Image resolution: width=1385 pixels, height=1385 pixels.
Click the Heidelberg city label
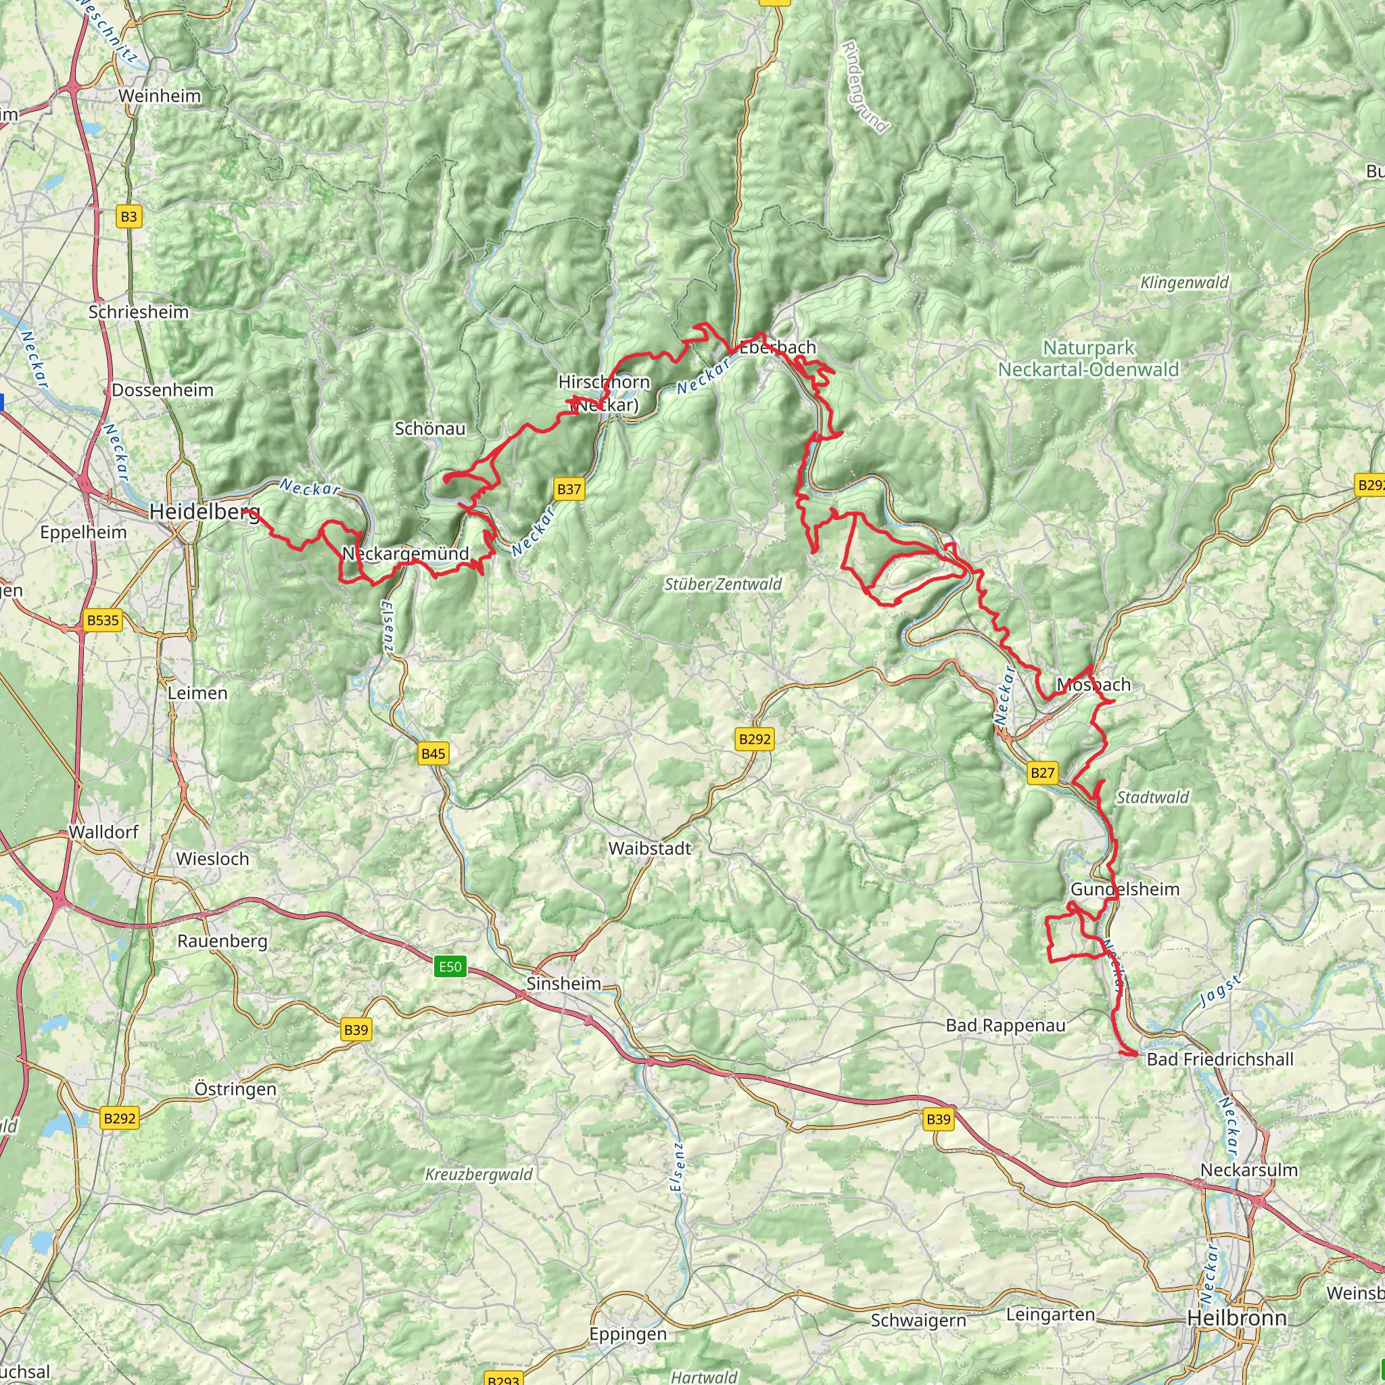[x=204, y=512]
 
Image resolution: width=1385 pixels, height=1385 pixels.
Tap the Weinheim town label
[x=159, y=96]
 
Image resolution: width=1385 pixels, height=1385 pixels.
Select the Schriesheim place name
[x=139, y=312]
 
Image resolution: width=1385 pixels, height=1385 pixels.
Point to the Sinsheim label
[x=563, y=983]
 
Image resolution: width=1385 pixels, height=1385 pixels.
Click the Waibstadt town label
[x=649, y=849]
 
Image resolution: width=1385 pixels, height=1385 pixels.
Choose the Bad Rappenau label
[x=1005, y=1025]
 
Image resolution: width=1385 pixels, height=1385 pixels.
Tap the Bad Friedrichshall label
[x=1220, y=1060]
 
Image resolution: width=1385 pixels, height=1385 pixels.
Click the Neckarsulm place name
[x=1249, y=1170]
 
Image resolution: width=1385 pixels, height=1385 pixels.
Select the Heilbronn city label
[x=1237, y=1317]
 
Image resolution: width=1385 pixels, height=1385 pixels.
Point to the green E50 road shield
[x=450, y=966]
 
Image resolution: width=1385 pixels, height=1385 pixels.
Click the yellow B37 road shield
[x=569, y=489]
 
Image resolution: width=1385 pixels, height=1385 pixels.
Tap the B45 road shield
[x=433, y=753]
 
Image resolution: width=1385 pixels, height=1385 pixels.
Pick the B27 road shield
[x=1041, y=772]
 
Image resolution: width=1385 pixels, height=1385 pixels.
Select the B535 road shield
[x=103, y=620]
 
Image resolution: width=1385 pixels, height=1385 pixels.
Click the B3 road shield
[x=128, y=216]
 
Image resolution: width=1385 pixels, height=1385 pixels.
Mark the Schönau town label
[x=430, y=429]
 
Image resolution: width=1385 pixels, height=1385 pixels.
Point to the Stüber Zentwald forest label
[x=723, y=584]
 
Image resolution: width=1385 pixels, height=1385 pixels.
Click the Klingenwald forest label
[x=1184, y=283]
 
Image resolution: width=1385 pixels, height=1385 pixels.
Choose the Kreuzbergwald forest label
[x=479, y=1175]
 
